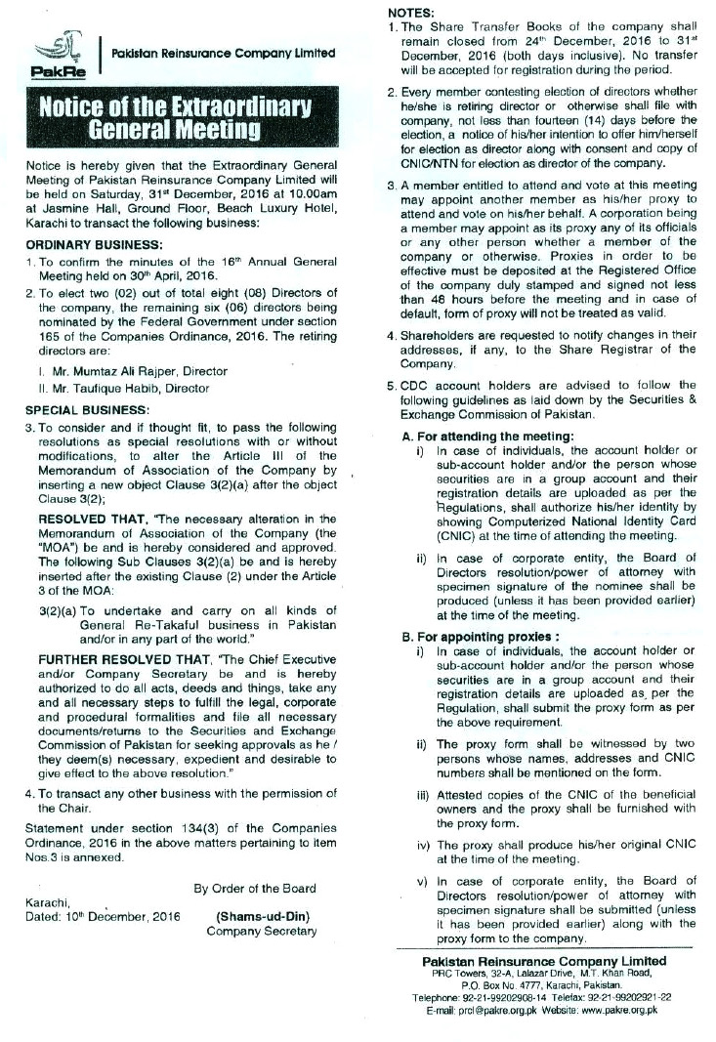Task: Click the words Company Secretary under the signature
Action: coord(262,932)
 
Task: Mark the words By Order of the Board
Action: coord(254,888)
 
